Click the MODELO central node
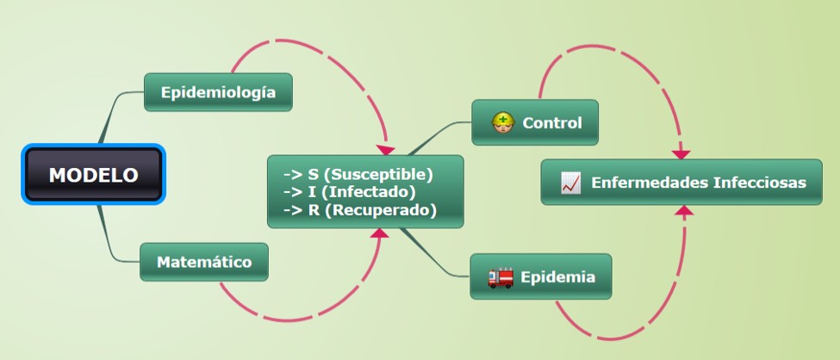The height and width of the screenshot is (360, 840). (93, 175)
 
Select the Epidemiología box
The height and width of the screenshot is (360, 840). (218, 92)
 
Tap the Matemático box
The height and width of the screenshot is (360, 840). (204, 262)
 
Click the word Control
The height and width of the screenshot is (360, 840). (551, 122)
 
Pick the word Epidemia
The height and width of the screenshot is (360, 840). (557, 277)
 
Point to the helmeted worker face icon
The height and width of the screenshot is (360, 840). (502, 122)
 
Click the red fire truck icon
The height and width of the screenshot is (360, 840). (501, 277)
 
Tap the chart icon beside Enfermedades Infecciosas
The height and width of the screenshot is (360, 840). (570, 183)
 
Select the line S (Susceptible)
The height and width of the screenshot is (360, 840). (358, 174)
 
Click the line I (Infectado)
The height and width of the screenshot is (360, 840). (349, 192)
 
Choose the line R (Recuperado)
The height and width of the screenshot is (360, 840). (360, 210)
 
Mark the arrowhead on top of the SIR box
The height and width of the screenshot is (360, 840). (386, 150)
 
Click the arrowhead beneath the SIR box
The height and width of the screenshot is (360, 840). (380, 233)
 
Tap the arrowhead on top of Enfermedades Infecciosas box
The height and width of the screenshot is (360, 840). (681, 154)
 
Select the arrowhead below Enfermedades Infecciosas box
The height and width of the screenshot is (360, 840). (684, 210)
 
